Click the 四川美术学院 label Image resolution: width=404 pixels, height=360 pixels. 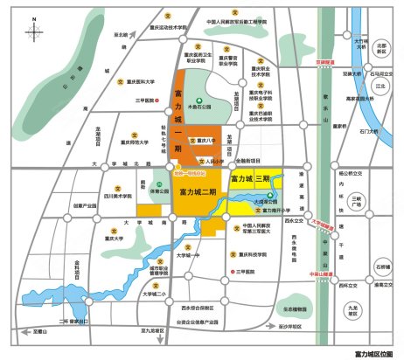point(116,197)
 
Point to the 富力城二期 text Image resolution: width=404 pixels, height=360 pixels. point(198,190)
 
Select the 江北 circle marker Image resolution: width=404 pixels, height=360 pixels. point(380,87)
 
